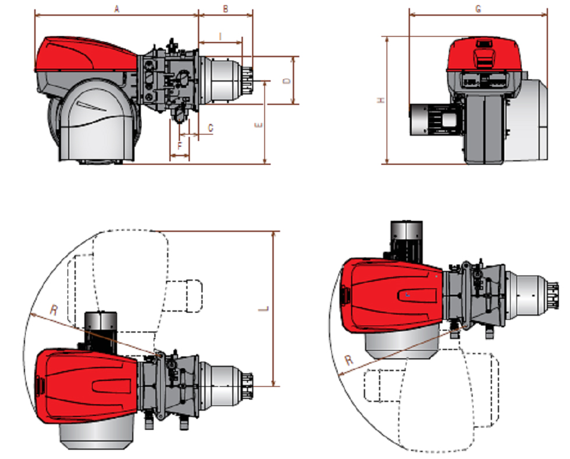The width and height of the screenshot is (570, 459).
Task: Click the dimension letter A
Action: (x=116, y=9)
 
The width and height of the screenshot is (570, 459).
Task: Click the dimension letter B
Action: (x=225, y=9)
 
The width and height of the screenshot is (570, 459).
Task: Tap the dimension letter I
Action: (x=220, y=36)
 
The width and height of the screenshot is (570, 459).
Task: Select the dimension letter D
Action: (x=287, y=81)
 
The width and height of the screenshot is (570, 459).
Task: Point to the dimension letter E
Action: (x=259, y=125)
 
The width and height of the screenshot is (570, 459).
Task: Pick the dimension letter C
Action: (x=211, y=128)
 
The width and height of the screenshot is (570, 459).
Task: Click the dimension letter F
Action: (x=180, y=146)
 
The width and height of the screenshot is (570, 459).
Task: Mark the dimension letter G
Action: (x=479, y=9)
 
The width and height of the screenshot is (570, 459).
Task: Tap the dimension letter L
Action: (x=264, y=309)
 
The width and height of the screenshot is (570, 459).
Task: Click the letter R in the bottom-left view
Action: (x=54, y=310)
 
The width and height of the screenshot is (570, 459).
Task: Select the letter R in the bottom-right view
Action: (x=349, y=360)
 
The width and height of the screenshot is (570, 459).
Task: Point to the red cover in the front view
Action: (x=484, y=55)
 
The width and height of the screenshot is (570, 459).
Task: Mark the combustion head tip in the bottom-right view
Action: (x=553, y=296)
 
